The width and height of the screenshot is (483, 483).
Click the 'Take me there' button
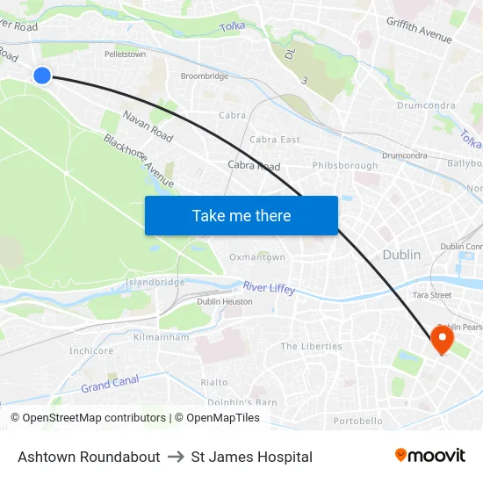click(241, 215)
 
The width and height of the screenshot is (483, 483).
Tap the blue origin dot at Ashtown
click(42, 76)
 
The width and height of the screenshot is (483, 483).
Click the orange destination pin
click(441, 339)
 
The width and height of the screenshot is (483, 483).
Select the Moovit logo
click(429, 456)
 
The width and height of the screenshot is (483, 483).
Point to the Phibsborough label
click(345, 165)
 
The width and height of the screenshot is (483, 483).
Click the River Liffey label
click(270, 287)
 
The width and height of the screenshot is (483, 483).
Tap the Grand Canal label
click(110, 384)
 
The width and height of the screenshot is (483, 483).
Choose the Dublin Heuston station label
click(225, 301)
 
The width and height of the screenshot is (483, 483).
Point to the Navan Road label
click(148, 127)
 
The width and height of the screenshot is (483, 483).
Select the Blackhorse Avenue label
click(139, 160)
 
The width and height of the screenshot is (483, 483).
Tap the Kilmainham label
click(161, 336)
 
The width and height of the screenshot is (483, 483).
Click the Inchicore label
click(91, 351)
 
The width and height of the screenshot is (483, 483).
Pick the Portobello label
click(358, 421)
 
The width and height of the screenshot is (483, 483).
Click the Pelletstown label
click(125, 54)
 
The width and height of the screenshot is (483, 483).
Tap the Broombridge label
click(205, 76)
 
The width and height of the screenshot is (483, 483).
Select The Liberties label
click(311, 346)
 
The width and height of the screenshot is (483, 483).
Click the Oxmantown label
click(257, 257)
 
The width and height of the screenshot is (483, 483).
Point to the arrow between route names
click(176, 457)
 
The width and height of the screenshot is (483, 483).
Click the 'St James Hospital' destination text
click(251, 457)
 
